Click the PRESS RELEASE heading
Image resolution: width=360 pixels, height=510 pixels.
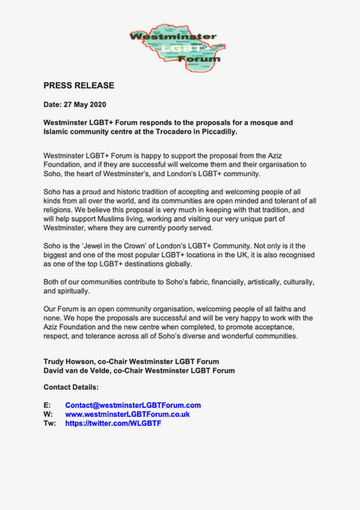pyautogui.click(x=79, y=85)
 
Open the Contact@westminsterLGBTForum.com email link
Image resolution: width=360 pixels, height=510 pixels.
pyautogui.click(x=133, y=405)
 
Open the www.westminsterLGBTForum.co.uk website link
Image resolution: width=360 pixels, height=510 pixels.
pyautogui.click(x=127, y=414)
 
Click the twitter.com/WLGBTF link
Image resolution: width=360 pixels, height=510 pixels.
pyautogui.click(x=113, y=423)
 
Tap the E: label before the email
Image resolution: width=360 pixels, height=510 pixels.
pyautogui.click(x=47, y=405)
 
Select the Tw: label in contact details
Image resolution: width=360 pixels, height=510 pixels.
pyautogui.click(x=49, y=423)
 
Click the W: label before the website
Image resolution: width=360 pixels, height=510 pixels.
pyautogui.click(x=48, y=414)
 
